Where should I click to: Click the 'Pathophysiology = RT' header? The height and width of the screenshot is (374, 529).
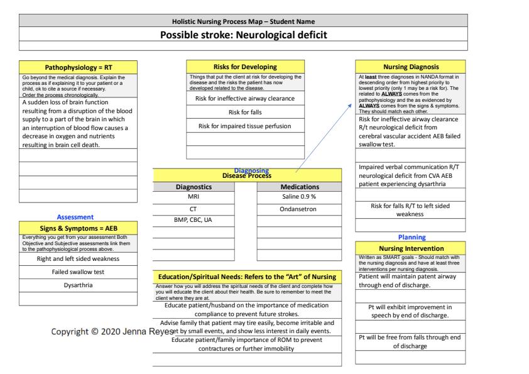pos(78,66)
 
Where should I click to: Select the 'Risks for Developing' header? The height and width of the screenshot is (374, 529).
pos(246,66)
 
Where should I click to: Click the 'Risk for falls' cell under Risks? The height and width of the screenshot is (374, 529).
pos(246,112)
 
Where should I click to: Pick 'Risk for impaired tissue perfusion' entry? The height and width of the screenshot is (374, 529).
pos(246,126)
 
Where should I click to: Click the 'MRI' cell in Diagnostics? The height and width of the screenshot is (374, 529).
pos(194,197)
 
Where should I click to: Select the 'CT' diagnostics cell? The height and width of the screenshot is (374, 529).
pos(194,209)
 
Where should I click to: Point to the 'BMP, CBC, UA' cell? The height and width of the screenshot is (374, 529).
pos(194,220)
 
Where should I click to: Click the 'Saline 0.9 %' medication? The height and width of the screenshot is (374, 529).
pos(299,197)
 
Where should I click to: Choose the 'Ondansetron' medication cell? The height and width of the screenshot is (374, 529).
pos(299,209)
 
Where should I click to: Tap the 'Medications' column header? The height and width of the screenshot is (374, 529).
pos(299,186)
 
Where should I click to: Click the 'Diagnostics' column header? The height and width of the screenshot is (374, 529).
pos(194,186)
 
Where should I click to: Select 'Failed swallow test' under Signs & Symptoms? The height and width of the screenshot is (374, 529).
pos(78,272)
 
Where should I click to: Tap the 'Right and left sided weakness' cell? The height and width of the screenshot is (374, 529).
pos(78,258)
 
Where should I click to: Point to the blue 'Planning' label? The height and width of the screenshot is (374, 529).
pos(412,238)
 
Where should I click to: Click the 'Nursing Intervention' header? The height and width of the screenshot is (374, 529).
pos(412,249)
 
